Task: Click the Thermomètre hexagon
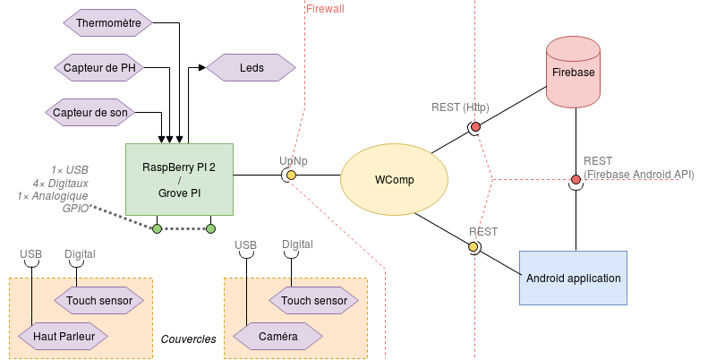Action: [x=107, y=22]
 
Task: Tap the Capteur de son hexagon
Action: [x=90, y=112]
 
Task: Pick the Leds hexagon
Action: [x=251, y=67]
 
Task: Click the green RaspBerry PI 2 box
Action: [x=179, y=179]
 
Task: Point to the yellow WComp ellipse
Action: [x=394, y=180]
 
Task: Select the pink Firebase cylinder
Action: [x=573, y=72]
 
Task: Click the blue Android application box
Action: [x=573, y=278]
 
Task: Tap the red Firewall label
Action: [x=325, y=8]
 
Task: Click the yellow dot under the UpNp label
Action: [x=291, y=176]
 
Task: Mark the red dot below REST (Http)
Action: [x=475, y=126]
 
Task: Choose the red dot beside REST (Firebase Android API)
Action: [x=576, y=179]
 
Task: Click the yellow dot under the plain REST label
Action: [x=473, y=246]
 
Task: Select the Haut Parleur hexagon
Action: [x=63, y=337]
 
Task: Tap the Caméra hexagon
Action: [x=277, y=337]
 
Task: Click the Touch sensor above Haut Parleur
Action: [x=98, y=301]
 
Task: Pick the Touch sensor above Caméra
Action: [x=313, y=301]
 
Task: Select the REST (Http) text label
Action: [x=460, y=107]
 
